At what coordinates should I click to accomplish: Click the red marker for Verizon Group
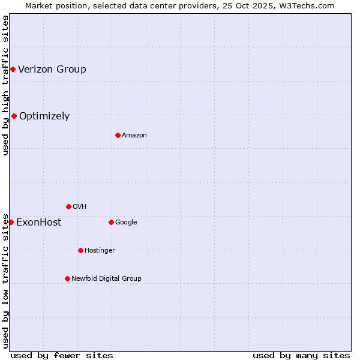(13, 69)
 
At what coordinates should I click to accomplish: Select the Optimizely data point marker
(14, 116)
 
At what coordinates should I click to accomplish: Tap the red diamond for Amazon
(118, 135)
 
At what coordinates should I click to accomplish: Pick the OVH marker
(68, 206)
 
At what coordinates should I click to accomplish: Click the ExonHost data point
(11, 222)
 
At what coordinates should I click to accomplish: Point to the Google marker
(111, 222)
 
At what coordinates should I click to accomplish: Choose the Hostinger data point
(80, 250)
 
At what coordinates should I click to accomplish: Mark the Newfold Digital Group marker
(67, 278)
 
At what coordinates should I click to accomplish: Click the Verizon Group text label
(52, 69)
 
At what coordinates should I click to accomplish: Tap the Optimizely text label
(44, 116)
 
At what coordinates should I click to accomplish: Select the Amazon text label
(134, 135)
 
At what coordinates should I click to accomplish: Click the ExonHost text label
(38, 222)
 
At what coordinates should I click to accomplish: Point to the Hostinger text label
(100, 250)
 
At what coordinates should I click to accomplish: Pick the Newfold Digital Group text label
(106, 278)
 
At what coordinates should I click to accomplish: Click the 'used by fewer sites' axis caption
(62, 355)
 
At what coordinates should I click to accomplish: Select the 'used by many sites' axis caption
(301, 355)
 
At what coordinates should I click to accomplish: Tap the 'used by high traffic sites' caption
(5, 85)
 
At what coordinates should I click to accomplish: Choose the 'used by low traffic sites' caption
(5, 280)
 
